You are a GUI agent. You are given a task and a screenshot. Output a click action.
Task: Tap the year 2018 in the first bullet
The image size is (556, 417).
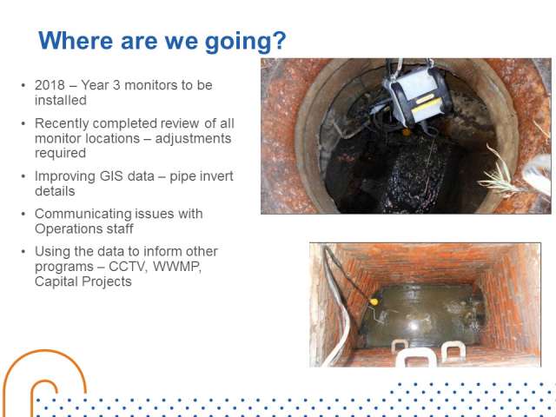50,85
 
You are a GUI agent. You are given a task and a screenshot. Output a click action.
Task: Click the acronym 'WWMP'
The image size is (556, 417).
177,267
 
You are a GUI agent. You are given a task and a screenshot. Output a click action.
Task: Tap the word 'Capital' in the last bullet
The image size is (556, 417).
56,281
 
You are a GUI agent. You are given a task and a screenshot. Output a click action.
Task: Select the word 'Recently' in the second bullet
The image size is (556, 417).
62,123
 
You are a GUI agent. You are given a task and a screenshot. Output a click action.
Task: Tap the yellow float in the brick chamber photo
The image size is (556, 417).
374,301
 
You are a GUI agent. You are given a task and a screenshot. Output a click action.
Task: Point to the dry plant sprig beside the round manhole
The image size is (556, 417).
502,171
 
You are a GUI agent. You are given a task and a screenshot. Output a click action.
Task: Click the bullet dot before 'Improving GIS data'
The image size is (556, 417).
23,176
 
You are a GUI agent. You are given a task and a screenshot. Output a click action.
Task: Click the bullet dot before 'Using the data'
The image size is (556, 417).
23,251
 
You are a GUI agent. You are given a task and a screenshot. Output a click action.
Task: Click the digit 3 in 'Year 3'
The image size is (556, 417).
116,85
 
